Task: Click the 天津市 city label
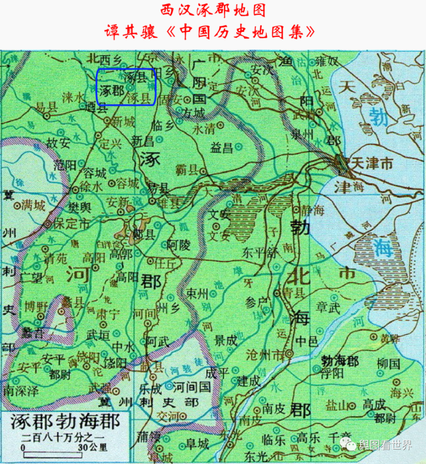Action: (x=369, y=163)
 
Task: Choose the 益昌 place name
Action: (x=222, y=148)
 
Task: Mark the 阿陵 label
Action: (x=178, y=245)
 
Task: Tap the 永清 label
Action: (x=204, y=129)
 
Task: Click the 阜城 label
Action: (x=198, y=445)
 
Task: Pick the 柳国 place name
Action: (x=389, y=363)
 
